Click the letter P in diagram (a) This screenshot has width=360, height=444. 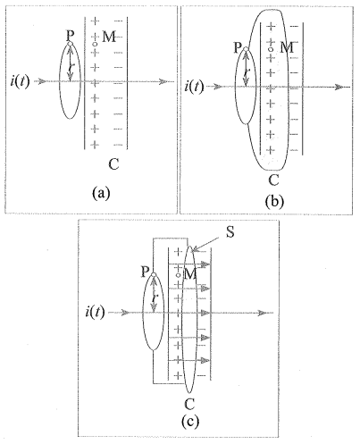point(70,36)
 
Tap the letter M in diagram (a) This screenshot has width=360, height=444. point(109,37)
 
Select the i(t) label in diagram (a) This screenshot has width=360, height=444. point(20,81)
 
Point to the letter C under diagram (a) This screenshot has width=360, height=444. point(113,163)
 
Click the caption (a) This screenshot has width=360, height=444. point(101,193)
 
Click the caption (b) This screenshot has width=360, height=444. point(274,202)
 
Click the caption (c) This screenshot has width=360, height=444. point(190,422)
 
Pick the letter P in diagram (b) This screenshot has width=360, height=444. point(238,47)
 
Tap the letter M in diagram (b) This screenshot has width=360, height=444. point(287,47)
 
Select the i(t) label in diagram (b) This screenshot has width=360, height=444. point(194,87)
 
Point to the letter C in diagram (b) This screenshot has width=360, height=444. point(273,180)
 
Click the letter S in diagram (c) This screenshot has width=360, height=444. point(230,232)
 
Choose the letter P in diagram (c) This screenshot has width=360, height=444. point(145,272)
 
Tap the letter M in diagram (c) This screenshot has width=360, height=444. point(190,274)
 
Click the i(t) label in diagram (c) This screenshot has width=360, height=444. point(95,313)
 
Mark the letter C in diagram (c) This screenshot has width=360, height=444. point(189,404)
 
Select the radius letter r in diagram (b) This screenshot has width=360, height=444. point(246,72)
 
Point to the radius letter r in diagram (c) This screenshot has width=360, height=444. point(154,297)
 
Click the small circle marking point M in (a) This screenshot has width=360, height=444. point(95,44)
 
